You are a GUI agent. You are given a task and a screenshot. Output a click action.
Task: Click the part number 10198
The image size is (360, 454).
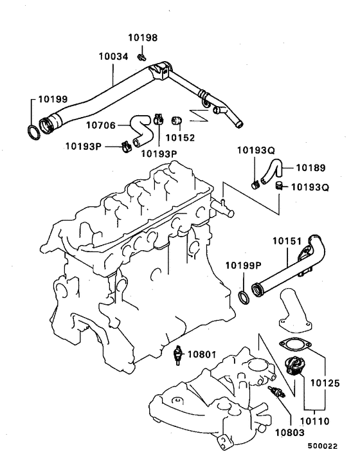pos(143,38)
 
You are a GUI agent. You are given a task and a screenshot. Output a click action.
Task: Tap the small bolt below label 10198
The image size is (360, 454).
pos(141,57)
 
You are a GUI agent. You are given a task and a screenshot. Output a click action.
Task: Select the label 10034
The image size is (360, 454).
pos(113,57)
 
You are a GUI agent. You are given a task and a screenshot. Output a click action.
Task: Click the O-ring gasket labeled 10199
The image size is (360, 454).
pos(34,132)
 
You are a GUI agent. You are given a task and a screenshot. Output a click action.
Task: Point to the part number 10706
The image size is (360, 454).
pos(101,125)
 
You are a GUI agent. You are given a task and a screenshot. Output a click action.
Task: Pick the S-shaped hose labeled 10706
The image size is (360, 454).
pos(142,131)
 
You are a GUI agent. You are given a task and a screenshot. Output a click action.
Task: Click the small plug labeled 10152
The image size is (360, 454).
pos(176,120)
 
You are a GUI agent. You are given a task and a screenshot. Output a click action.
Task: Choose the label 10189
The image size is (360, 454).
pos(310,168)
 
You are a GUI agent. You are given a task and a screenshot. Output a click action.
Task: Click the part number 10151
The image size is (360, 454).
pos(287,241)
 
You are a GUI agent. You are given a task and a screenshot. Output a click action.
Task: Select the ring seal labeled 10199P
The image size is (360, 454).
pos(244,298)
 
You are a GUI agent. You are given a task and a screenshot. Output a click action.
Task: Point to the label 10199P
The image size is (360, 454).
pos(244,265)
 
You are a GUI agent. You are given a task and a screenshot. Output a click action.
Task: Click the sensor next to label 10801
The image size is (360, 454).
pos(177,355)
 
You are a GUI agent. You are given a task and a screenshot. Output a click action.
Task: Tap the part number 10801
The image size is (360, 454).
pos(202,354)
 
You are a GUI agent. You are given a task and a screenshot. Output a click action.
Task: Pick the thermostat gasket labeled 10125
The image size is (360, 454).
pos(295,345)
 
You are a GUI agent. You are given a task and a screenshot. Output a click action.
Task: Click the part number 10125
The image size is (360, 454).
pos(325,383)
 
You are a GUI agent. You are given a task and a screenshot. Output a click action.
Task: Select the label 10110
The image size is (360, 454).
pos(314,421)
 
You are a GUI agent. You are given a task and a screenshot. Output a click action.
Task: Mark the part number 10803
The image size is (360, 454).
pos(290,433)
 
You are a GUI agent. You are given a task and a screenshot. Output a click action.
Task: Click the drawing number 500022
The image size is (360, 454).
pos(322,446)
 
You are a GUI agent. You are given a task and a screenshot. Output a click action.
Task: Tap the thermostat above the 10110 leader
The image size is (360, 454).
pos(294,366)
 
